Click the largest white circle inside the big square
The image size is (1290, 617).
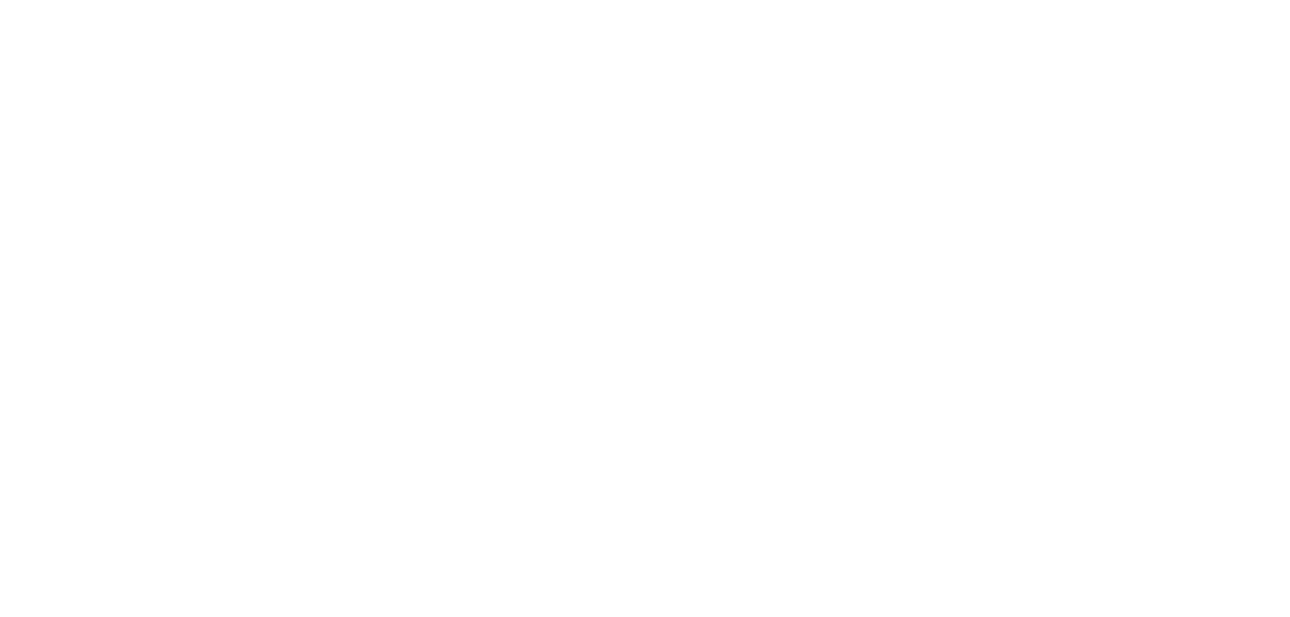pos(1029,338)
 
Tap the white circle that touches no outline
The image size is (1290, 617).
pos(678,338)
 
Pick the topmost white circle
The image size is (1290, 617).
pos(524,67)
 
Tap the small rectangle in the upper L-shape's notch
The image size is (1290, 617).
pos(363,102)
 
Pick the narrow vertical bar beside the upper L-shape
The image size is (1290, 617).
pos(444,172)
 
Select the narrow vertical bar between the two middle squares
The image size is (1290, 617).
pos(444,334)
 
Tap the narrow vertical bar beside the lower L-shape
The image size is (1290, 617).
pos(444,495)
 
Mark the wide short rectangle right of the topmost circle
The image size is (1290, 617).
pos(681,121)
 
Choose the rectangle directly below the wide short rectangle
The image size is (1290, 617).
pos(681,198)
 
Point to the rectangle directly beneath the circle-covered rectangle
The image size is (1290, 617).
pos(530,198)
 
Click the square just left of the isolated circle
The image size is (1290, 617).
pos(530,334)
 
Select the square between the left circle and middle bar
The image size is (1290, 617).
pos(360,334)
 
